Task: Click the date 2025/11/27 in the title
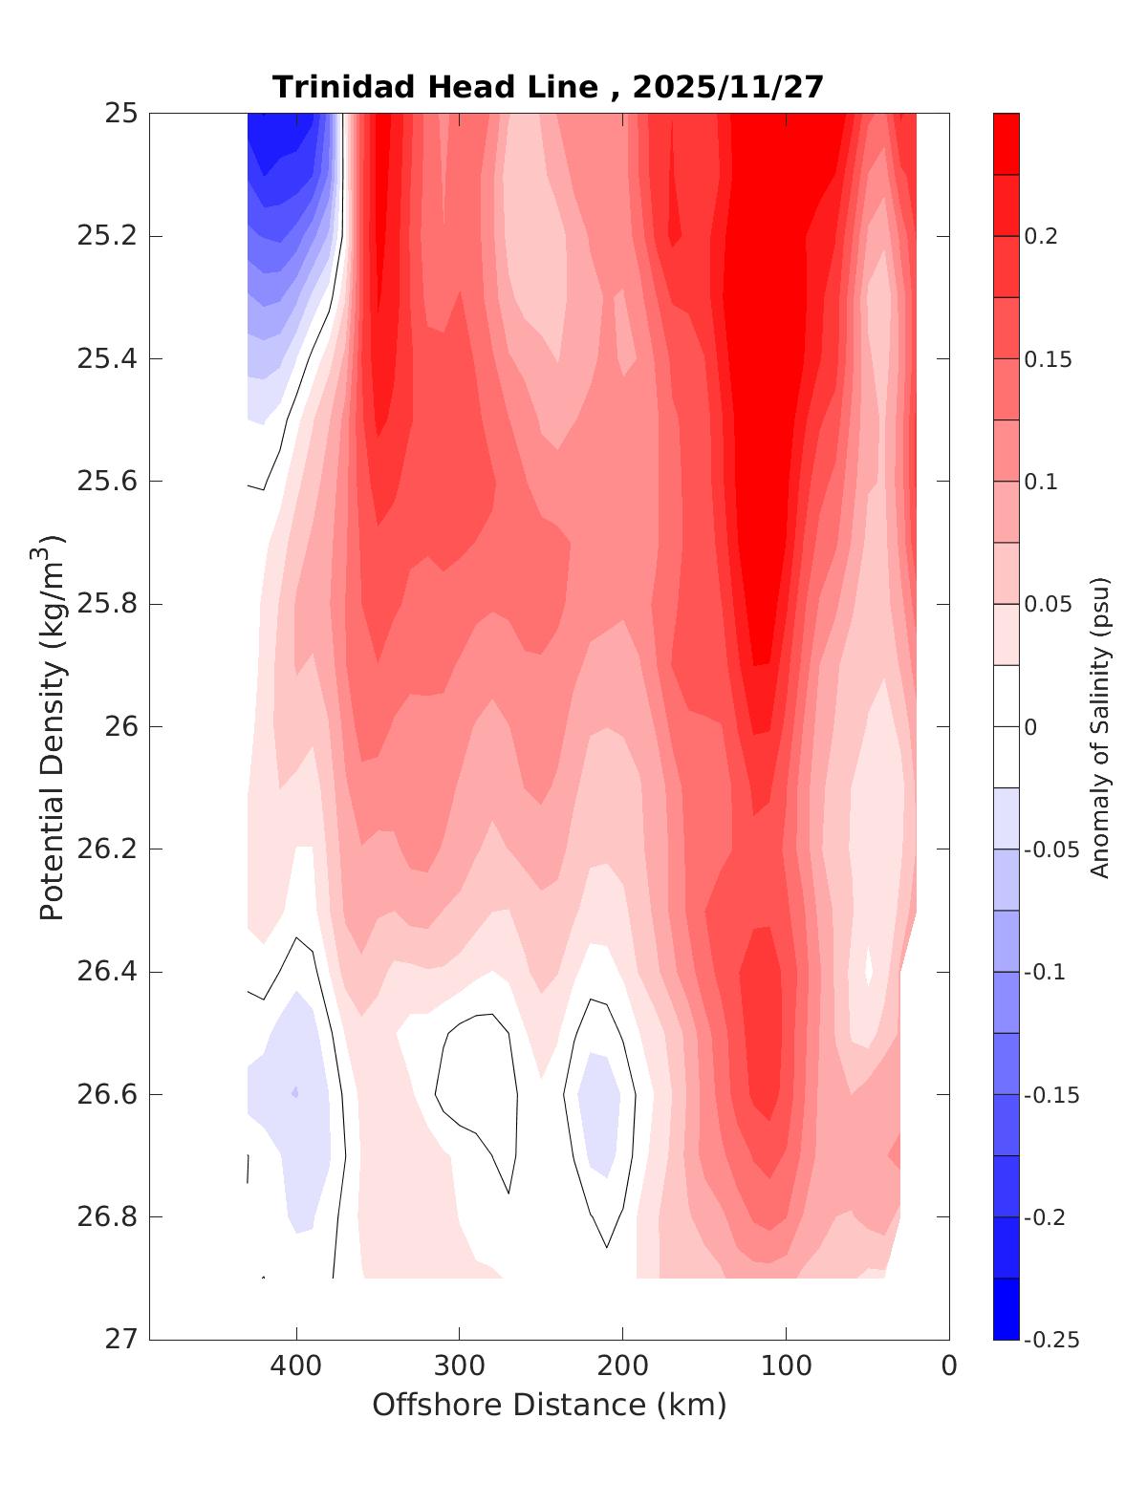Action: [x=727, y=88]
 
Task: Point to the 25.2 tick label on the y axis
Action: [x=106, y=236]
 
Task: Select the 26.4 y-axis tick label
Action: [x=106, y=972]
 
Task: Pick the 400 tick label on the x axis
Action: [x=295, y=1366]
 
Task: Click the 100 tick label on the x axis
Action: [x=786, y=1366]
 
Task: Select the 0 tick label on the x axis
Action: [x=948, y=1366]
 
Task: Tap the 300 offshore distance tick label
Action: [x=459, y=1366]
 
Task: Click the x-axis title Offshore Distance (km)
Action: [x=549, y=1406]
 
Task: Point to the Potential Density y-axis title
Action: [x=52, y=726]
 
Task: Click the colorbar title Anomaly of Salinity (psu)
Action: [x=1100, y=726]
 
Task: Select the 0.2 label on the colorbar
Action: [x=1041, y=236]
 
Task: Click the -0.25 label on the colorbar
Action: [x=1050, y=1340]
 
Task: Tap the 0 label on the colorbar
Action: [x=1029, y=727]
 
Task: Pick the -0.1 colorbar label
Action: [x=1045, y=972]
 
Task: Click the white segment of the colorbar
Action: [x=1006, y=726]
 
